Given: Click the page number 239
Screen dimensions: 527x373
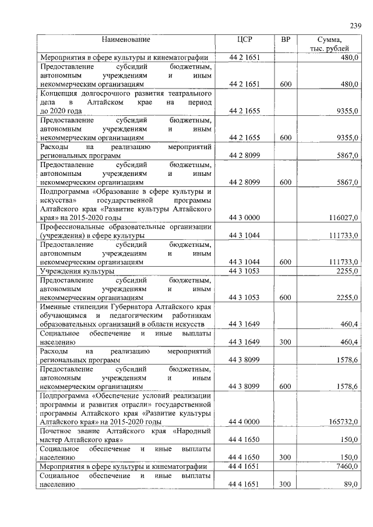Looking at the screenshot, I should (356, 26).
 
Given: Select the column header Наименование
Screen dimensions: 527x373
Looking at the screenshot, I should (126, 40).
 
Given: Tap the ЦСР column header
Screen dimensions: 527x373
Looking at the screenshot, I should (244, 40).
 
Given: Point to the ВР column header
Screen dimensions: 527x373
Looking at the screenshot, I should (285, 40).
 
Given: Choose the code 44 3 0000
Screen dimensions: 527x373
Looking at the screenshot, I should (244, 218).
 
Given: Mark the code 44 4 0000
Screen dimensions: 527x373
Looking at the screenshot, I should (244, 421).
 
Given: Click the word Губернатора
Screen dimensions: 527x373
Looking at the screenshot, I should (133, 306).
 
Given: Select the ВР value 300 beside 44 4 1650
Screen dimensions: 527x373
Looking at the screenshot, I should (285, 458).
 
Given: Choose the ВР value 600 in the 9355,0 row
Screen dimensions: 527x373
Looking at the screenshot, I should (285, 137).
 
